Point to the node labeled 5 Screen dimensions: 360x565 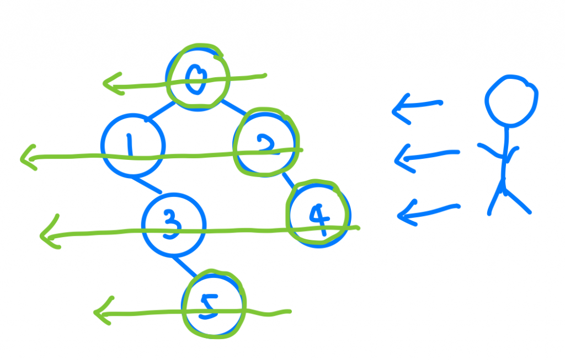coord(212,305)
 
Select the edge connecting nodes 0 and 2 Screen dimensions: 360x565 coord(233,109)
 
